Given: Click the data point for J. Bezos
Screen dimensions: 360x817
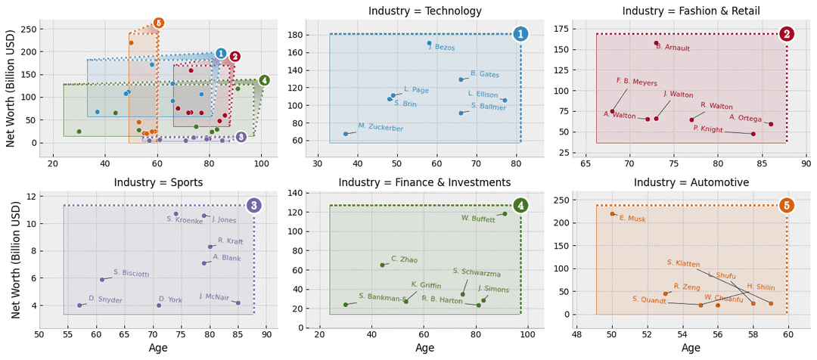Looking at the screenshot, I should [429, 43].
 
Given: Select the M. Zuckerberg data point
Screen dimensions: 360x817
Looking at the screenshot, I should [346, 134].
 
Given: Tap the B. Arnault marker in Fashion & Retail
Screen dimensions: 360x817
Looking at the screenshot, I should [656, 43].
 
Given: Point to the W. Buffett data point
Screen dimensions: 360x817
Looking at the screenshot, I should [505, 214].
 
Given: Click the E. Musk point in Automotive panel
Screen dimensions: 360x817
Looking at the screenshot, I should [612, 214].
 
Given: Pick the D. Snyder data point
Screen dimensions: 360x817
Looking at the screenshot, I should [79, 306].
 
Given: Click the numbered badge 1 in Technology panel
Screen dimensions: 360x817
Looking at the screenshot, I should [520, 34].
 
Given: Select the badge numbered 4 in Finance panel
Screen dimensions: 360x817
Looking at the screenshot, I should [520, 206].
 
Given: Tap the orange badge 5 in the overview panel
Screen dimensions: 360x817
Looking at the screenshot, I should [158, 23].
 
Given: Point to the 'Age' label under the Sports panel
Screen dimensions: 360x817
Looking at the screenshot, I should [158, 348].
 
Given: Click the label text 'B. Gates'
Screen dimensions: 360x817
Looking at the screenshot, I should [484, 74].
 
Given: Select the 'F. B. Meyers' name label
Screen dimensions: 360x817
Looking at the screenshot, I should [636, 82].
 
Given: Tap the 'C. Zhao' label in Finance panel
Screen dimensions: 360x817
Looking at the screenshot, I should [404, 259].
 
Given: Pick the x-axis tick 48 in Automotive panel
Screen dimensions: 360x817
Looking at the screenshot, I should [577, 334].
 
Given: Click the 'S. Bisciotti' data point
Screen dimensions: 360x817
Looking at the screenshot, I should [102, 280].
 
